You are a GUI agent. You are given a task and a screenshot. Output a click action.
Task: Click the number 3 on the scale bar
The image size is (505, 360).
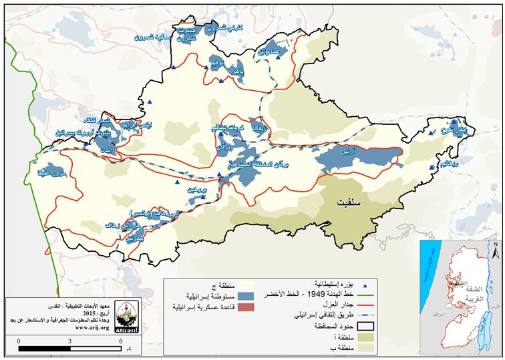69,340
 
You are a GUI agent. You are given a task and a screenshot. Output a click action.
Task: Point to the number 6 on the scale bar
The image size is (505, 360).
120,340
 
